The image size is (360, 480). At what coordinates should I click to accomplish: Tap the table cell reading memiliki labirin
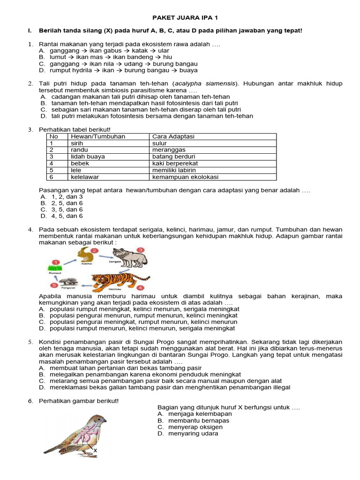pyautogui.click(x=174, y=170)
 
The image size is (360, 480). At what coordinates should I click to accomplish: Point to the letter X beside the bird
pyautogui.click(x=95, y=451)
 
